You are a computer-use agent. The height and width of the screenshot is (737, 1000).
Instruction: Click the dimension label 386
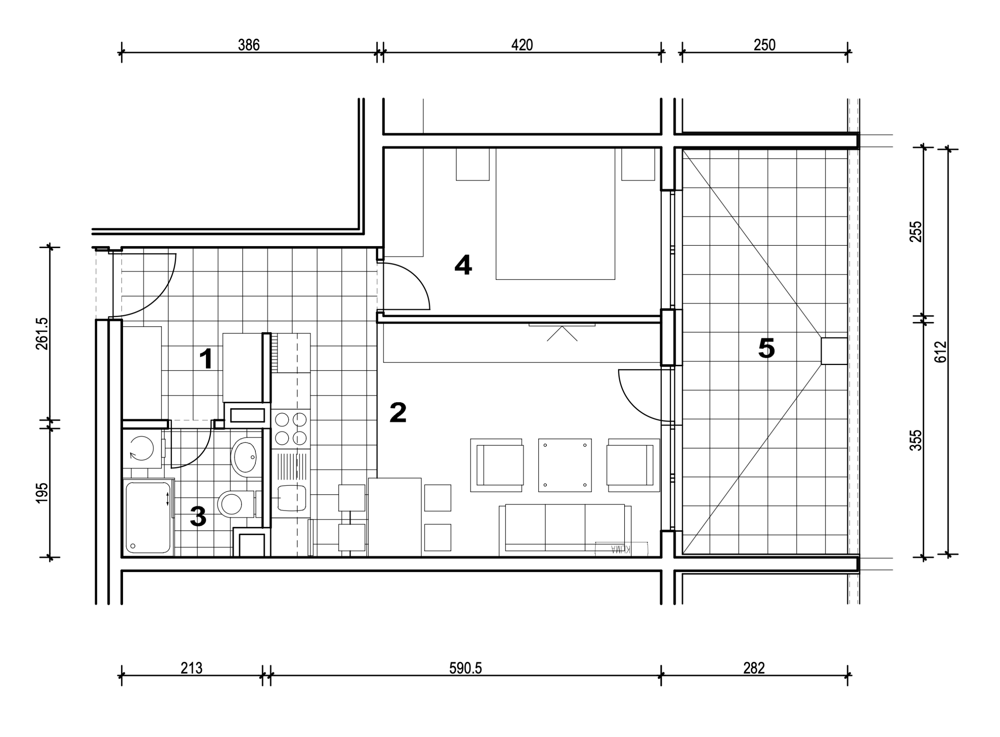click(x=248, y=45)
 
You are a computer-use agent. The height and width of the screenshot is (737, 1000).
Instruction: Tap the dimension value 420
click(x=521, y=45)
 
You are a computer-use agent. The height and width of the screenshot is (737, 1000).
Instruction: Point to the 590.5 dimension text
click(x=466, y=668)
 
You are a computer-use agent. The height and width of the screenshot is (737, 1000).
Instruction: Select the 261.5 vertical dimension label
click(x=42, y=334)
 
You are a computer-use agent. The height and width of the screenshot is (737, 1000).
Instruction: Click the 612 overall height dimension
click(x=940, y=352)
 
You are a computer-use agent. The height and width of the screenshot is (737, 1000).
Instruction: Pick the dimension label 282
click(x=754, y=668)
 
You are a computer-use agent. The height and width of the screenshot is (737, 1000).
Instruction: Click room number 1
click(x=205, y=359)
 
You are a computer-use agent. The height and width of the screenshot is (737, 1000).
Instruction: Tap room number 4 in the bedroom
click(x=463, y=265)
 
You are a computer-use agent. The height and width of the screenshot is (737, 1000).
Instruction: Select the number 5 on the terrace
click(x=766, y=349)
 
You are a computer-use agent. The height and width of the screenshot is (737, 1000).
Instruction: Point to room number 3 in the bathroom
click(x=198, y=516)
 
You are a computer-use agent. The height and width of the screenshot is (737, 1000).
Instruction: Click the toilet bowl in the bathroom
click(x=236, y=504)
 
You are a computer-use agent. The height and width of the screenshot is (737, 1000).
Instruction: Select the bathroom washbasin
click(x=245, y=457)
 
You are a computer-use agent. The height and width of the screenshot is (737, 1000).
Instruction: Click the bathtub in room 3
click(x=148, y=517)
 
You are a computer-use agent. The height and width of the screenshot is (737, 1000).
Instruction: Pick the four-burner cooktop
click(x=291, y=429)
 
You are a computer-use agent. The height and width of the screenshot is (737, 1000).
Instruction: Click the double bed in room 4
click(x=555, y=214)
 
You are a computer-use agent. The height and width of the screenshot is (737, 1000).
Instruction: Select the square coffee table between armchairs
click(x=565, y=465)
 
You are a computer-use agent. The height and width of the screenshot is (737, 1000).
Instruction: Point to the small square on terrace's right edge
click(x=834, y=351)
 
